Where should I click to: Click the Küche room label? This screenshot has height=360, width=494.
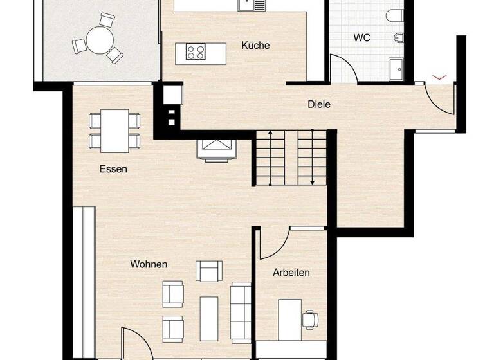point(255,46)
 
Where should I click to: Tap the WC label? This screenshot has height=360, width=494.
point(361,38)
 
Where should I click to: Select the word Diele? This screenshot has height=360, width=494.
point(319,104)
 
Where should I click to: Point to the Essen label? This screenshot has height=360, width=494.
point(113,170)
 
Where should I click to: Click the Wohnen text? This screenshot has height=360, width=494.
point(149,264)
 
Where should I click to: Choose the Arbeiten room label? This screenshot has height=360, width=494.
point(291,273)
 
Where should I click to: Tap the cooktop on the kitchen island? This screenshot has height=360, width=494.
point(196,51)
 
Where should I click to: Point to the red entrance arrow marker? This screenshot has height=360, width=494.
point(439,77)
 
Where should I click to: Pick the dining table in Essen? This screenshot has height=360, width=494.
point(115,130)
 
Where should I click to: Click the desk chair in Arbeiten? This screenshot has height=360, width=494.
point(311,317)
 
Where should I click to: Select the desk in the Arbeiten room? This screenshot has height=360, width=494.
point(289,315)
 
